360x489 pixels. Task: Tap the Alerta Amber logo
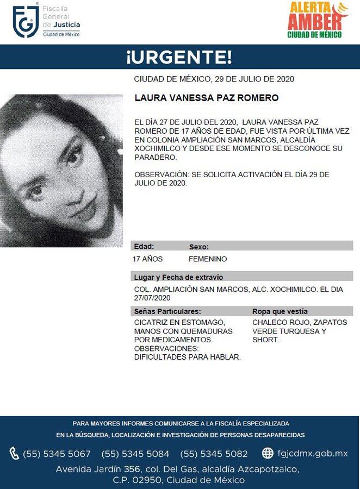318,20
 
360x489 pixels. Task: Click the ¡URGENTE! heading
179,57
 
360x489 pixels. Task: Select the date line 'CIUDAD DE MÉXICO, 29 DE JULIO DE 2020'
214,79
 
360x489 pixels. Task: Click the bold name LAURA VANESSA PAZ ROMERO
206,98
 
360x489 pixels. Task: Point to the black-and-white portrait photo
61,171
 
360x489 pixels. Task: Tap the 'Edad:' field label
144,246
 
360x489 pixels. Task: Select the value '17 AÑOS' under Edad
148,259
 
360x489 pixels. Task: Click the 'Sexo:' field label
198,246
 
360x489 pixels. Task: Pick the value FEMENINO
208,259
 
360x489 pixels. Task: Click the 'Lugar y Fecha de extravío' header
178,277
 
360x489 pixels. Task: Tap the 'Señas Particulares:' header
167,311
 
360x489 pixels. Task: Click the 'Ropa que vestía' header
280,311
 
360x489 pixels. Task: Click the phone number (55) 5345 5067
57,454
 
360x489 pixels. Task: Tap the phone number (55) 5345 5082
214,454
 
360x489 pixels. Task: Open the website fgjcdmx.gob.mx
312,453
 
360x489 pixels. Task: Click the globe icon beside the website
268,453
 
